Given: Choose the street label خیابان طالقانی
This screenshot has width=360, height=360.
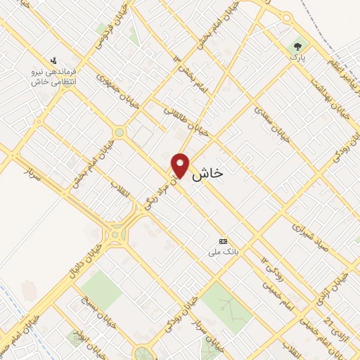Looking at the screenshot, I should (181, 119).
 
